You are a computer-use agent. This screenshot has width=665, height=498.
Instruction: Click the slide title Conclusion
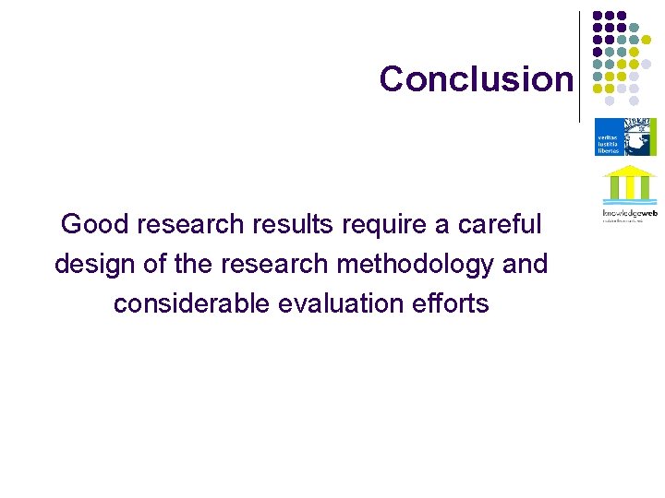pos(476,79)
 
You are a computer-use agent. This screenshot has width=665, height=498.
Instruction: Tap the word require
pos(388,224)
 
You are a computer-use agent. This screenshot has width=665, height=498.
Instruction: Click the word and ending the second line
pos(525,264)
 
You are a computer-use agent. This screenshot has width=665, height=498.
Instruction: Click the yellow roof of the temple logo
pos(629,171)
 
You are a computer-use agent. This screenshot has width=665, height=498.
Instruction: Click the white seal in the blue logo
pos(638,136)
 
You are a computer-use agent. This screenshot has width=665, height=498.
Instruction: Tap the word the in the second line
pos(193,264)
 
